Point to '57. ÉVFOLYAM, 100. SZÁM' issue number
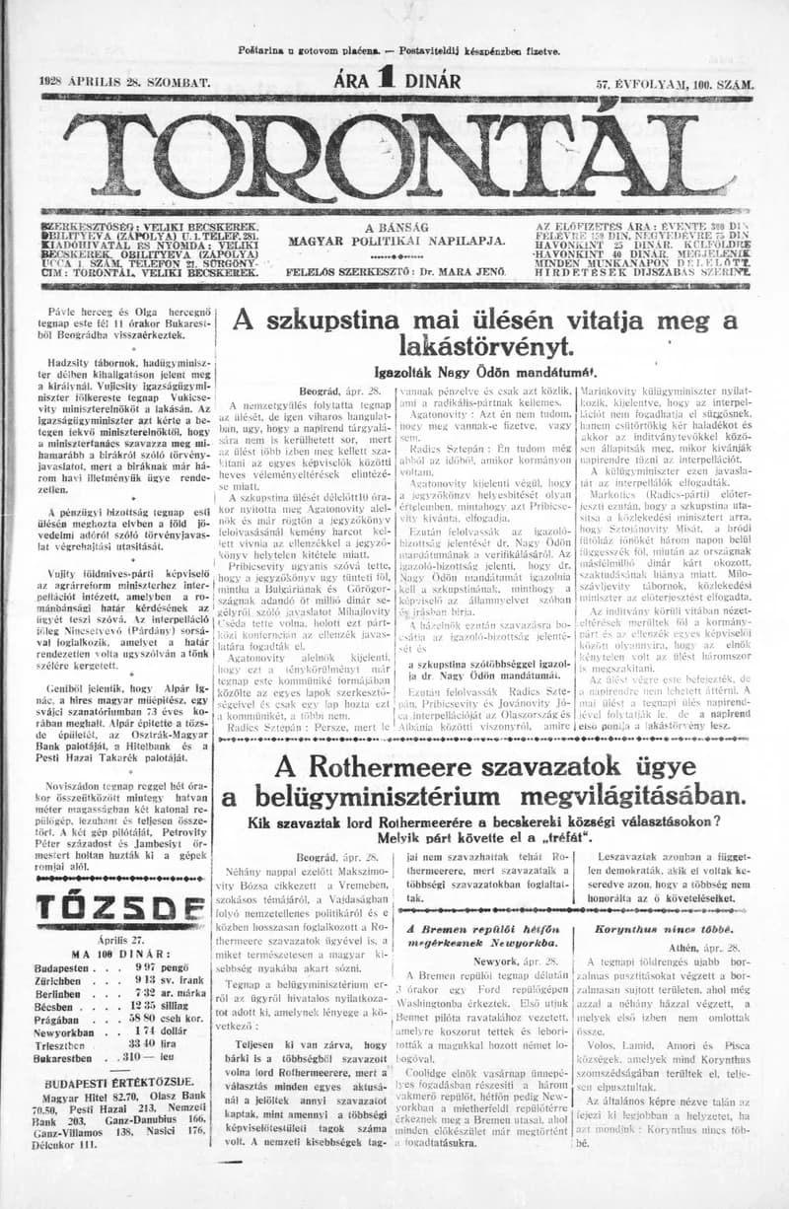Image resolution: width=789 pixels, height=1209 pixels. (675, 86)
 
